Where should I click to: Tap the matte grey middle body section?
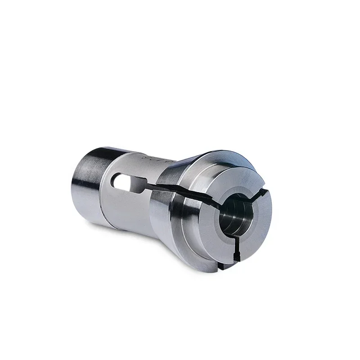pyautogui.click(x=130, y=202)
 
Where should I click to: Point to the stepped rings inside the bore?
pyautogui.click(x=232, y=218)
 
